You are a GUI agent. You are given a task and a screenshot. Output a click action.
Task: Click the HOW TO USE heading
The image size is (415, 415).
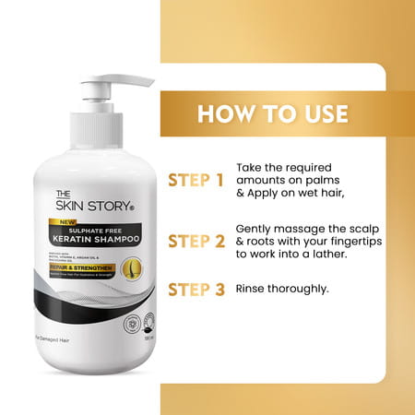(x=273, y=114)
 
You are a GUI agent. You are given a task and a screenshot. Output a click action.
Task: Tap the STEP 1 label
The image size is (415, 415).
(x=196, y=179)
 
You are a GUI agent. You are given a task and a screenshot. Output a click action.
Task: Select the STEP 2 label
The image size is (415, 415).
(x=196, y=242)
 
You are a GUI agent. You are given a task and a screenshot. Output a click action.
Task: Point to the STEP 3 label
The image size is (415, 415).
(x=196, y=289)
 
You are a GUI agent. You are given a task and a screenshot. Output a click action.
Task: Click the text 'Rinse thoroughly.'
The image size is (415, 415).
(x=283, y=288)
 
